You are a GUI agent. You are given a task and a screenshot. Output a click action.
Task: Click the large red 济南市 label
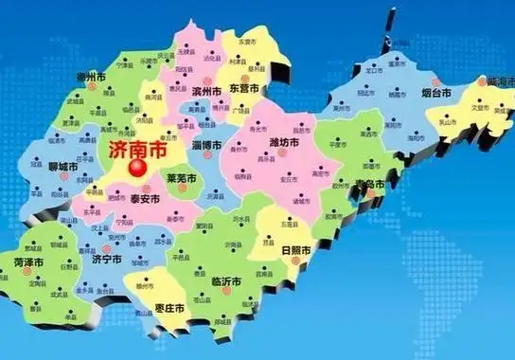(134, 150)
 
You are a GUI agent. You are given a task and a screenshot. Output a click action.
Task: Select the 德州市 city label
(93, 75)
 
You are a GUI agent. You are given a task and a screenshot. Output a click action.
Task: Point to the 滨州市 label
(206, 91)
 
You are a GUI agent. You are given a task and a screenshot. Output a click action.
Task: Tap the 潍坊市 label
(284, 142)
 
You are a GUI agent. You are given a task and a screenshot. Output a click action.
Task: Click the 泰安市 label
(147, 199)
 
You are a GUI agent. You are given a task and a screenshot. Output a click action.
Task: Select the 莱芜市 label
(180, 178)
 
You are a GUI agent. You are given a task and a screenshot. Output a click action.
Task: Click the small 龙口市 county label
(369, 70)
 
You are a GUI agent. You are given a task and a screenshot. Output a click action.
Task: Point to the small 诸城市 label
(302, 201)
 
